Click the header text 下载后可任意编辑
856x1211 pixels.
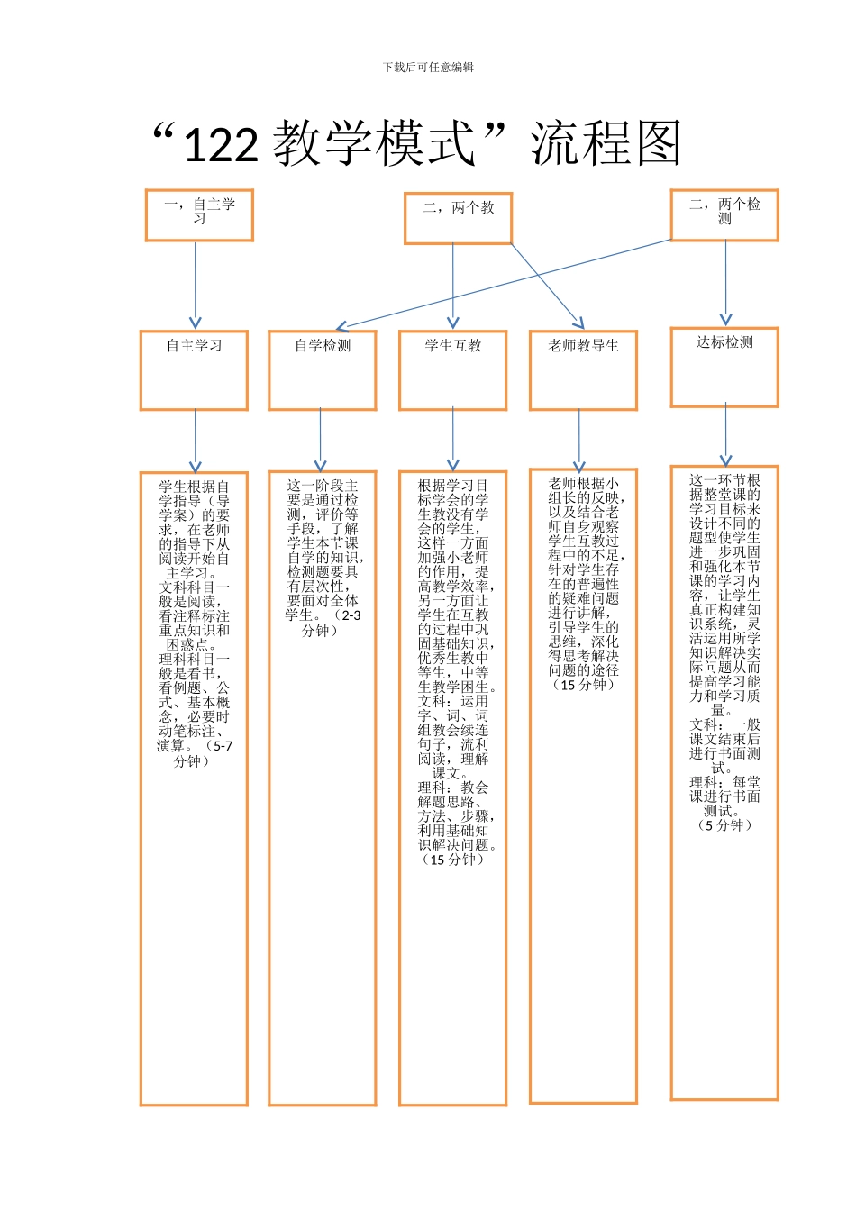click(x=428, y=68)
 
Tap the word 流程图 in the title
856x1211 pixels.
click(x=606, y=144)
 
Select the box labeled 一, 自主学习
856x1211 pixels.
click(x=199, y=214)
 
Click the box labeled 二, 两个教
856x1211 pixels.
click(x=458, y=217)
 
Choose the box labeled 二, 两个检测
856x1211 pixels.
click(x=724, y=214)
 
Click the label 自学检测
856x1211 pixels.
click(x=322, y=346)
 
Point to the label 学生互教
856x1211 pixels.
click(x=452, y=346)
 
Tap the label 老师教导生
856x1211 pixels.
click(x=583, y=346)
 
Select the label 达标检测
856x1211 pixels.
click(x=724, y=342)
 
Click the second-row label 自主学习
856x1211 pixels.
click(x=194, y=346)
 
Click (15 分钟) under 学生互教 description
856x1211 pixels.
click(x=452, y=860)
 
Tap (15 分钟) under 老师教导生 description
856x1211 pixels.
click(x=583, y=685)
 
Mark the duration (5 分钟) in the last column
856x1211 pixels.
click(x=724, y=825)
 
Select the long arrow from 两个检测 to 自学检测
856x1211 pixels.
click(x=505, y=284)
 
